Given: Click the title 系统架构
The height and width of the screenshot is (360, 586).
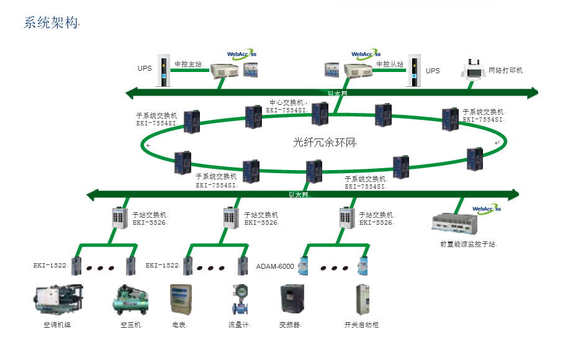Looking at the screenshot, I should click(52, 24).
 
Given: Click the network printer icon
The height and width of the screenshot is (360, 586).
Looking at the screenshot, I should click(473, 70).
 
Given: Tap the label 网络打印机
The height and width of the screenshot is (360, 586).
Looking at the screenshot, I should click(505, 70).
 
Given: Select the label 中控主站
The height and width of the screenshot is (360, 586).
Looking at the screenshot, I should click(189, 64).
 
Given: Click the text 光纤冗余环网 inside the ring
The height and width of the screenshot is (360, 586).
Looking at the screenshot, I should click(325, 142).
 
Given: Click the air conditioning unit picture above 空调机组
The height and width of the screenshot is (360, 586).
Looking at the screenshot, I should click(58, 299).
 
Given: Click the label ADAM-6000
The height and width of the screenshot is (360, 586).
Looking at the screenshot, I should click(275, 266).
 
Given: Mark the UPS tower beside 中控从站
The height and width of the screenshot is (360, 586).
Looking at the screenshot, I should click(413, 70).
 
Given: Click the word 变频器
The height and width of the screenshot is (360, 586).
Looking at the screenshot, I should click(291, 325).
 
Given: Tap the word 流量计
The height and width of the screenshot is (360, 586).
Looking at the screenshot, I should click(238, 325).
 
